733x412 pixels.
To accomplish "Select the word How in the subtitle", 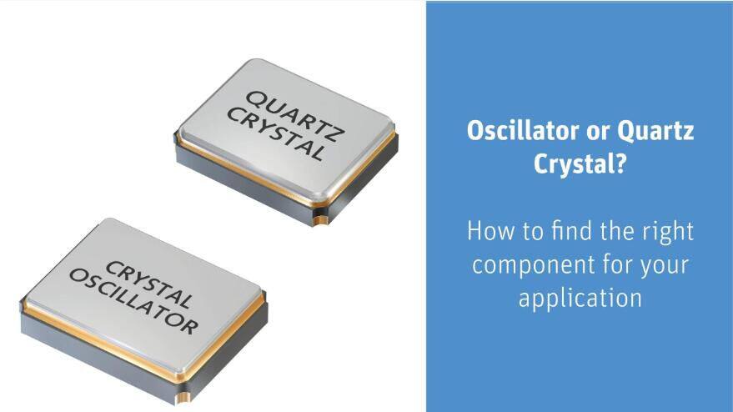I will click(x=487, y=230).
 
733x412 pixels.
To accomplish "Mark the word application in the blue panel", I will click(x=580, y=299).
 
